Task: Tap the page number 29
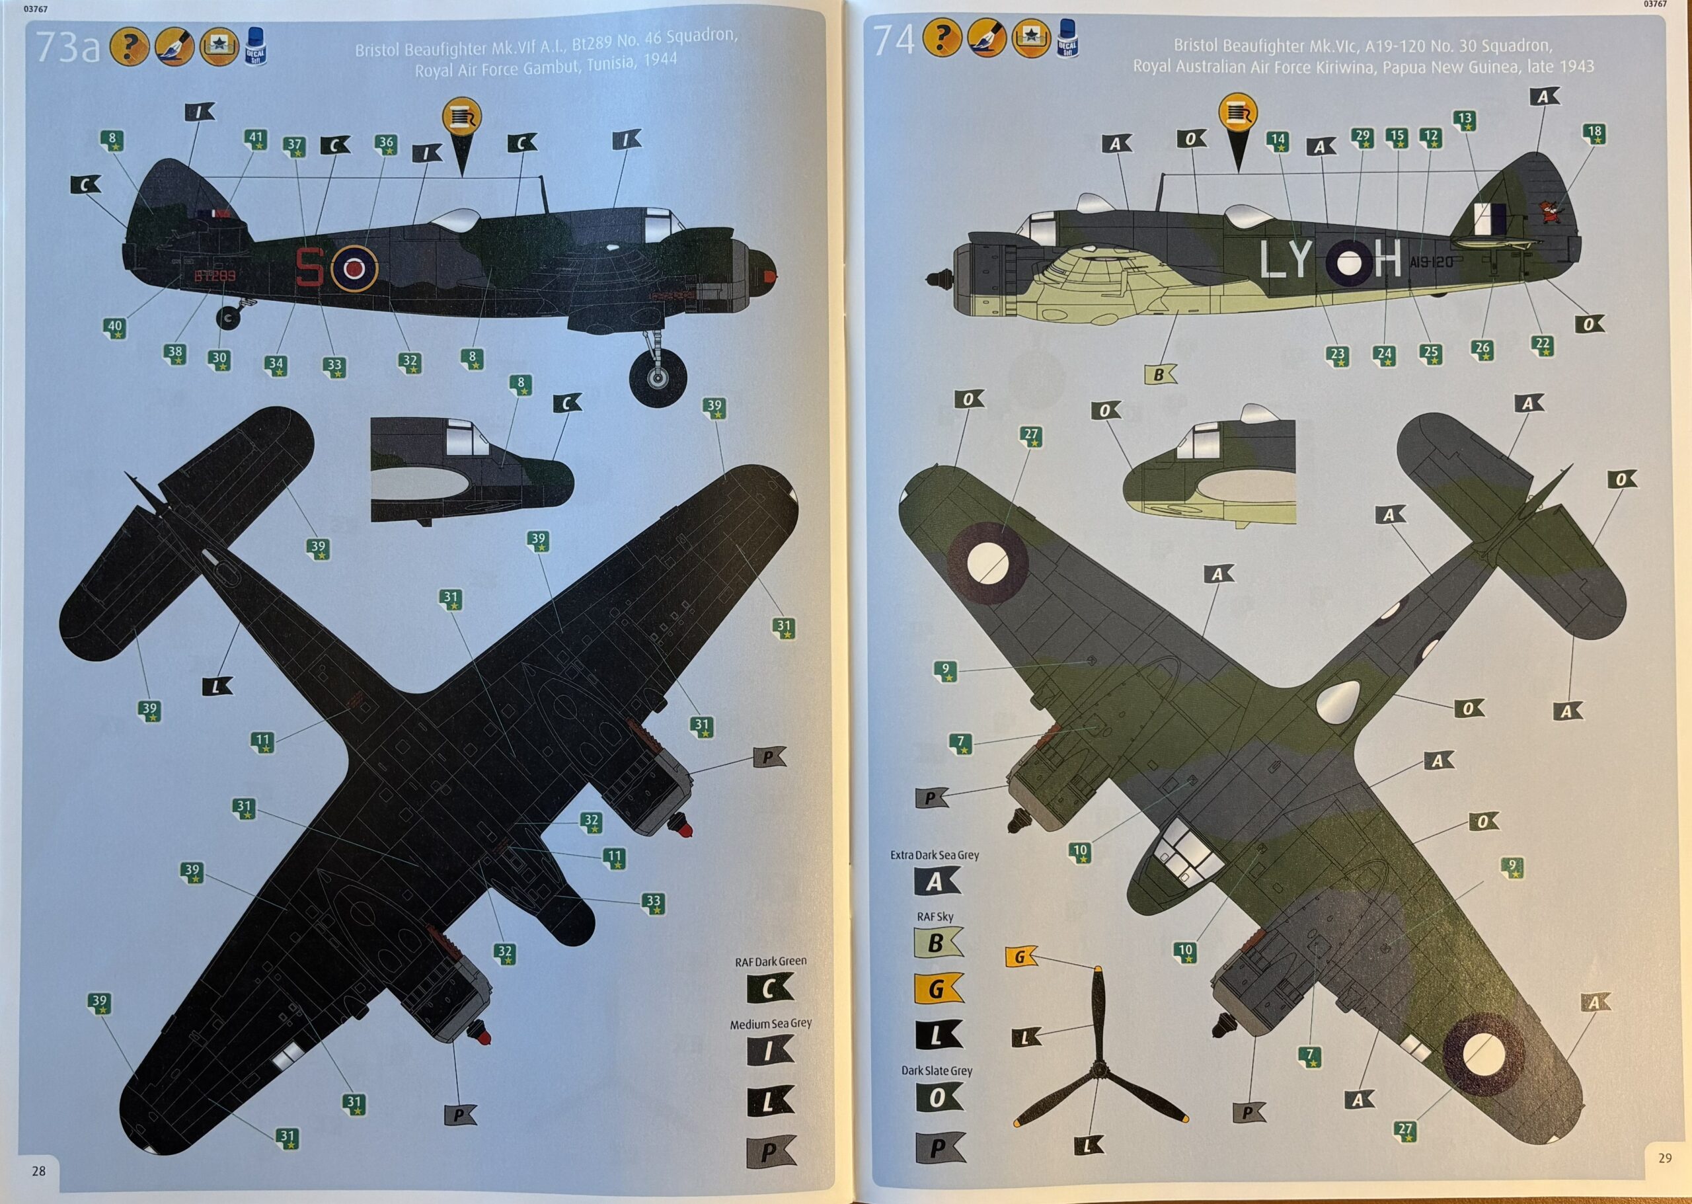click(x=1665, y=1157)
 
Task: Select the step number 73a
click(x=67, y=47)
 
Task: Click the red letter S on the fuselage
click(x=309, y=267)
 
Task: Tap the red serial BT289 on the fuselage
click(x=215, y=276)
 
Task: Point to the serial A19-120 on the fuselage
click(x=1432, y=262)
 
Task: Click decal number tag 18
click(x=1594, y=134)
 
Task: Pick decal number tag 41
click(x=256, y=140)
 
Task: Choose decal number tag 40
click(x=115, y=328)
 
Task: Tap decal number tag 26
click(x=1482, y=350)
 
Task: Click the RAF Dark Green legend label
click(x=770, y=961)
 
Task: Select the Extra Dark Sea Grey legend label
click(x=934, y=855)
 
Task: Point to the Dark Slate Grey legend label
click(x=936, y=1070)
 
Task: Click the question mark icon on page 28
click(x=129, y=47)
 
